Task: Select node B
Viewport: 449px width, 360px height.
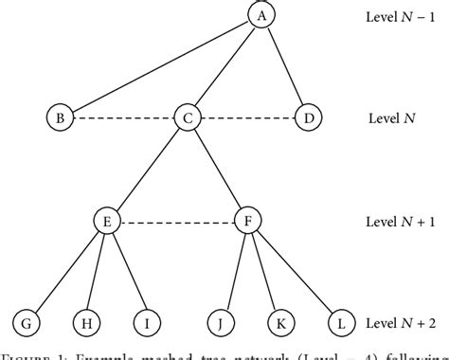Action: click(59, 117)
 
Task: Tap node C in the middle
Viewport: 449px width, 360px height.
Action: click(186, 117)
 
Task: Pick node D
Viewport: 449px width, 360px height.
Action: click(306, 117)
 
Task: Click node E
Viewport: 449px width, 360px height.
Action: click(106, 222)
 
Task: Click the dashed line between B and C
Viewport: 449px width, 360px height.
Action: click(122, 117)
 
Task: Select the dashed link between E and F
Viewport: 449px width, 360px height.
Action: click(176, 222)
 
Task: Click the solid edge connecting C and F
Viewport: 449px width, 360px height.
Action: click(216, 170)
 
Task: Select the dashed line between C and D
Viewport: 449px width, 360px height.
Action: click(246, 117)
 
